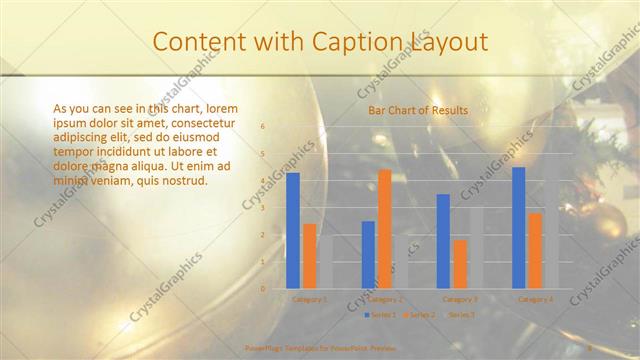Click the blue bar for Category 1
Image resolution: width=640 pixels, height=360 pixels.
click(x=293, y=231)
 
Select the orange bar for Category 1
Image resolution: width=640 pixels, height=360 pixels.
click(x=309, y=256)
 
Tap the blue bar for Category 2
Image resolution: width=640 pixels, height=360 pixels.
click(x=368, y=255)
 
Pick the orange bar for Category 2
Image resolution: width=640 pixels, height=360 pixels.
click(x=384, y=229)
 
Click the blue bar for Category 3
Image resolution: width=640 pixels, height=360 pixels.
click(x=443, y=241)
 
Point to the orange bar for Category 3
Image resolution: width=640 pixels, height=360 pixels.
click(x=459, y=264)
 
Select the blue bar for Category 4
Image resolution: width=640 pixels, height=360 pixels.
click(x=518, y=228)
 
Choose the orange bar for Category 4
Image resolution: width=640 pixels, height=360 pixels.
click(x=535, y=250)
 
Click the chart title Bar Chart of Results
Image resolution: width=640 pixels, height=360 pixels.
click(x=418, y=109)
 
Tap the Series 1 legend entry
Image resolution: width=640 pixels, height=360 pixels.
click(x=381, y=314)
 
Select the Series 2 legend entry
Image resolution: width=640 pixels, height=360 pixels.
click(x=421, y=314)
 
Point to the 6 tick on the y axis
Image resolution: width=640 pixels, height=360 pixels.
click(x=263, y=127)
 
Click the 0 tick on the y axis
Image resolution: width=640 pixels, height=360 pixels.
click(x=263, y=288)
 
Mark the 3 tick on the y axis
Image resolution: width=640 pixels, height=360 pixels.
click(x=263, y=208)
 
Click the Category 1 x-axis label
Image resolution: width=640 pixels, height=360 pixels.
click(x=309, y=298)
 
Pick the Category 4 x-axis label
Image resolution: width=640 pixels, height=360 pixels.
click(x=535, y=298)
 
